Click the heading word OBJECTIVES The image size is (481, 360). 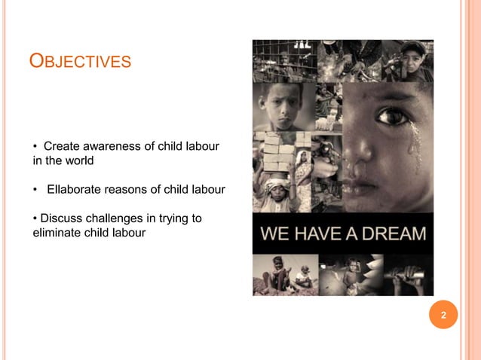click(80, 60)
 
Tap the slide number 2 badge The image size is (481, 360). click(443, 315)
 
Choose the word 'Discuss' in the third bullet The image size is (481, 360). click(61, 218)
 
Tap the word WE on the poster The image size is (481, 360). click(273, 233)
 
